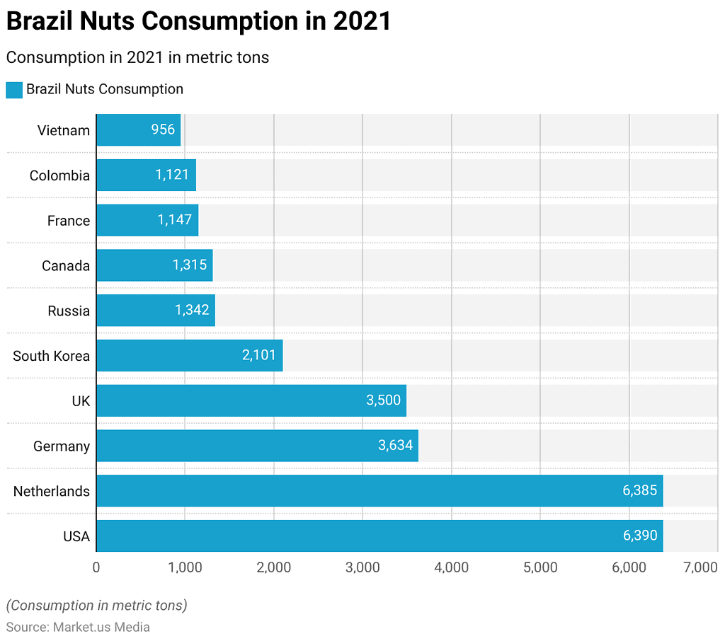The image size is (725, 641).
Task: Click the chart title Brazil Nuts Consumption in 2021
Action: click(x=198, y=21)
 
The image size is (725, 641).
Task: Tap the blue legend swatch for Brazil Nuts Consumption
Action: click(x=14, y=90)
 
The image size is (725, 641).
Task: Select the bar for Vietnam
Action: click(x=138, y=130)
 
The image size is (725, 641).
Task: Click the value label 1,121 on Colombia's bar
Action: click(x=173, y=175)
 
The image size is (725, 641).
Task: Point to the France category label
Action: click(x=69, y=221)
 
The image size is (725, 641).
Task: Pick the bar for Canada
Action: click(x=154, y=265)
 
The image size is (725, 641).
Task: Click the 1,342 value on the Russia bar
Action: click(x=192, y=311)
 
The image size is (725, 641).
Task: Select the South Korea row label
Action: click(x=51, y=356)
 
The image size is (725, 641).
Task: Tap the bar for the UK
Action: click(x=251, y=400)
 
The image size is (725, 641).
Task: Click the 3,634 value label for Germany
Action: click(x=395, y=446)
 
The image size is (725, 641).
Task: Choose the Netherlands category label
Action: click(x=51, y=491)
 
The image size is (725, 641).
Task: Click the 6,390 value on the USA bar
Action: click(x=640, y=536)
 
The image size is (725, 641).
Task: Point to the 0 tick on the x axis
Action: click(x=96, y=567)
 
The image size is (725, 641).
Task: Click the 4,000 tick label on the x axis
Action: click(x=452, y=567)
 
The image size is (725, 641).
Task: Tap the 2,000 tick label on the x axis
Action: click(x=274, y=567)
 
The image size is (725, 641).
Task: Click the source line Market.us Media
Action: click(x=78, y=627)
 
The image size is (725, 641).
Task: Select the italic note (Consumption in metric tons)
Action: click(x=96, y=606)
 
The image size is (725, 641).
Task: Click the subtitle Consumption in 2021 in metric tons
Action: click(x=137, y=57)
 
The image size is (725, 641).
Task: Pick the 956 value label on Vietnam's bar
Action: click(x=163, y=130)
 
